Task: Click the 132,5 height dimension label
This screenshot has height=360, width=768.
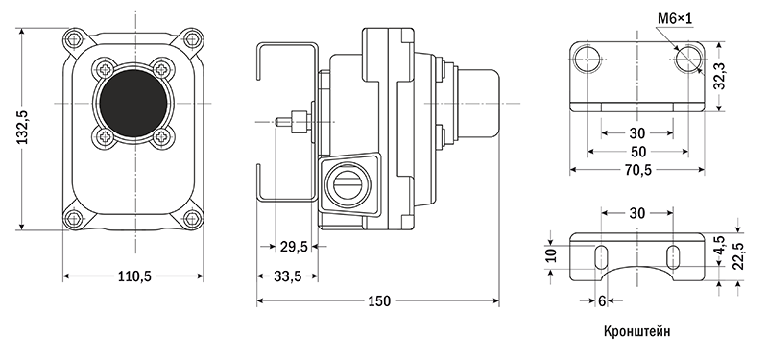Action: (23, 128)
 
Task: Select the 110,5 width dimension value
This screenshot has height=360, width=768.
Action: (134, 276)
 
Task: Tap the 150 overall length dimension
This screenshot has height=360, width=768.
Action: (379, 301)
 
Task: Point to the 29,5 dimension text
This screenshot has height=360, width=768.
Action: (294, 247)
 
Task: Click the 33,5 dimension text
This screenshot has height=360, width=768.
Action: (287, 276)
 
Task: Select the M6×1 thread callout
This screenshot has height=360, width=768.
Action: (675, 19)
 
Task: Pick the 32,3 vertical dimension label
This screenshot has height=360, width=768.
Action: (719, 76)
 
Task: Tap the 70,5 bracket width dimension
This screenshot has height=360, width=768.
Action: (637, 170)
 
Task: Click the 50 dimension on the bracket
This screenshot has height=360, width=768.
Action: (637, 152)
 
